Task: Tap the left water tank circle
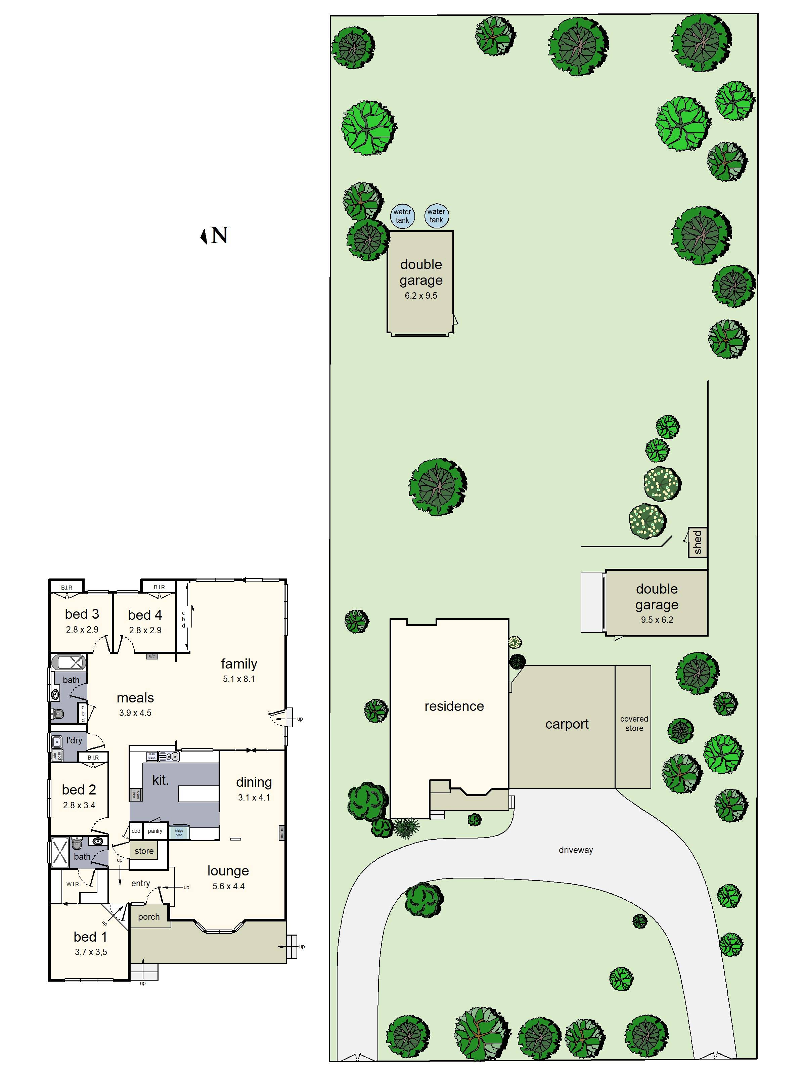402,216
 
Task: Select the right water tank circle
436,215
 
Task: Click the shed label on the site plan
698,542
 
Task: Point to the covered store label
634,723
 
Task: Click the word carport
567,724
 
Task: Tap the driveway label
576,850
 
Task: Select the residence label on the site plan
454,706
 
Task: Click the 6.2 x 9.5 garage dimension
421,296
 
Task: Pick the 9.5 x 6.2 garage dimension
657,619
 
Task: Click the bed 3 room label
82,614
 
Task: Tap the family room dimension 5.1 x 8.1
238,679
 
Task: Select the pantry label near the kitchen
155,831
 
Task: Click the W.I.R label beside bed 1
73,884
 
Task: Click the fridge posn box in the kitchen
179,832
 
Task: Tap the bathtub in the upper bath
69,662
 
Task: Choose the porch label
149,917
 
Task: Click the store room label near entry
144,851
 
